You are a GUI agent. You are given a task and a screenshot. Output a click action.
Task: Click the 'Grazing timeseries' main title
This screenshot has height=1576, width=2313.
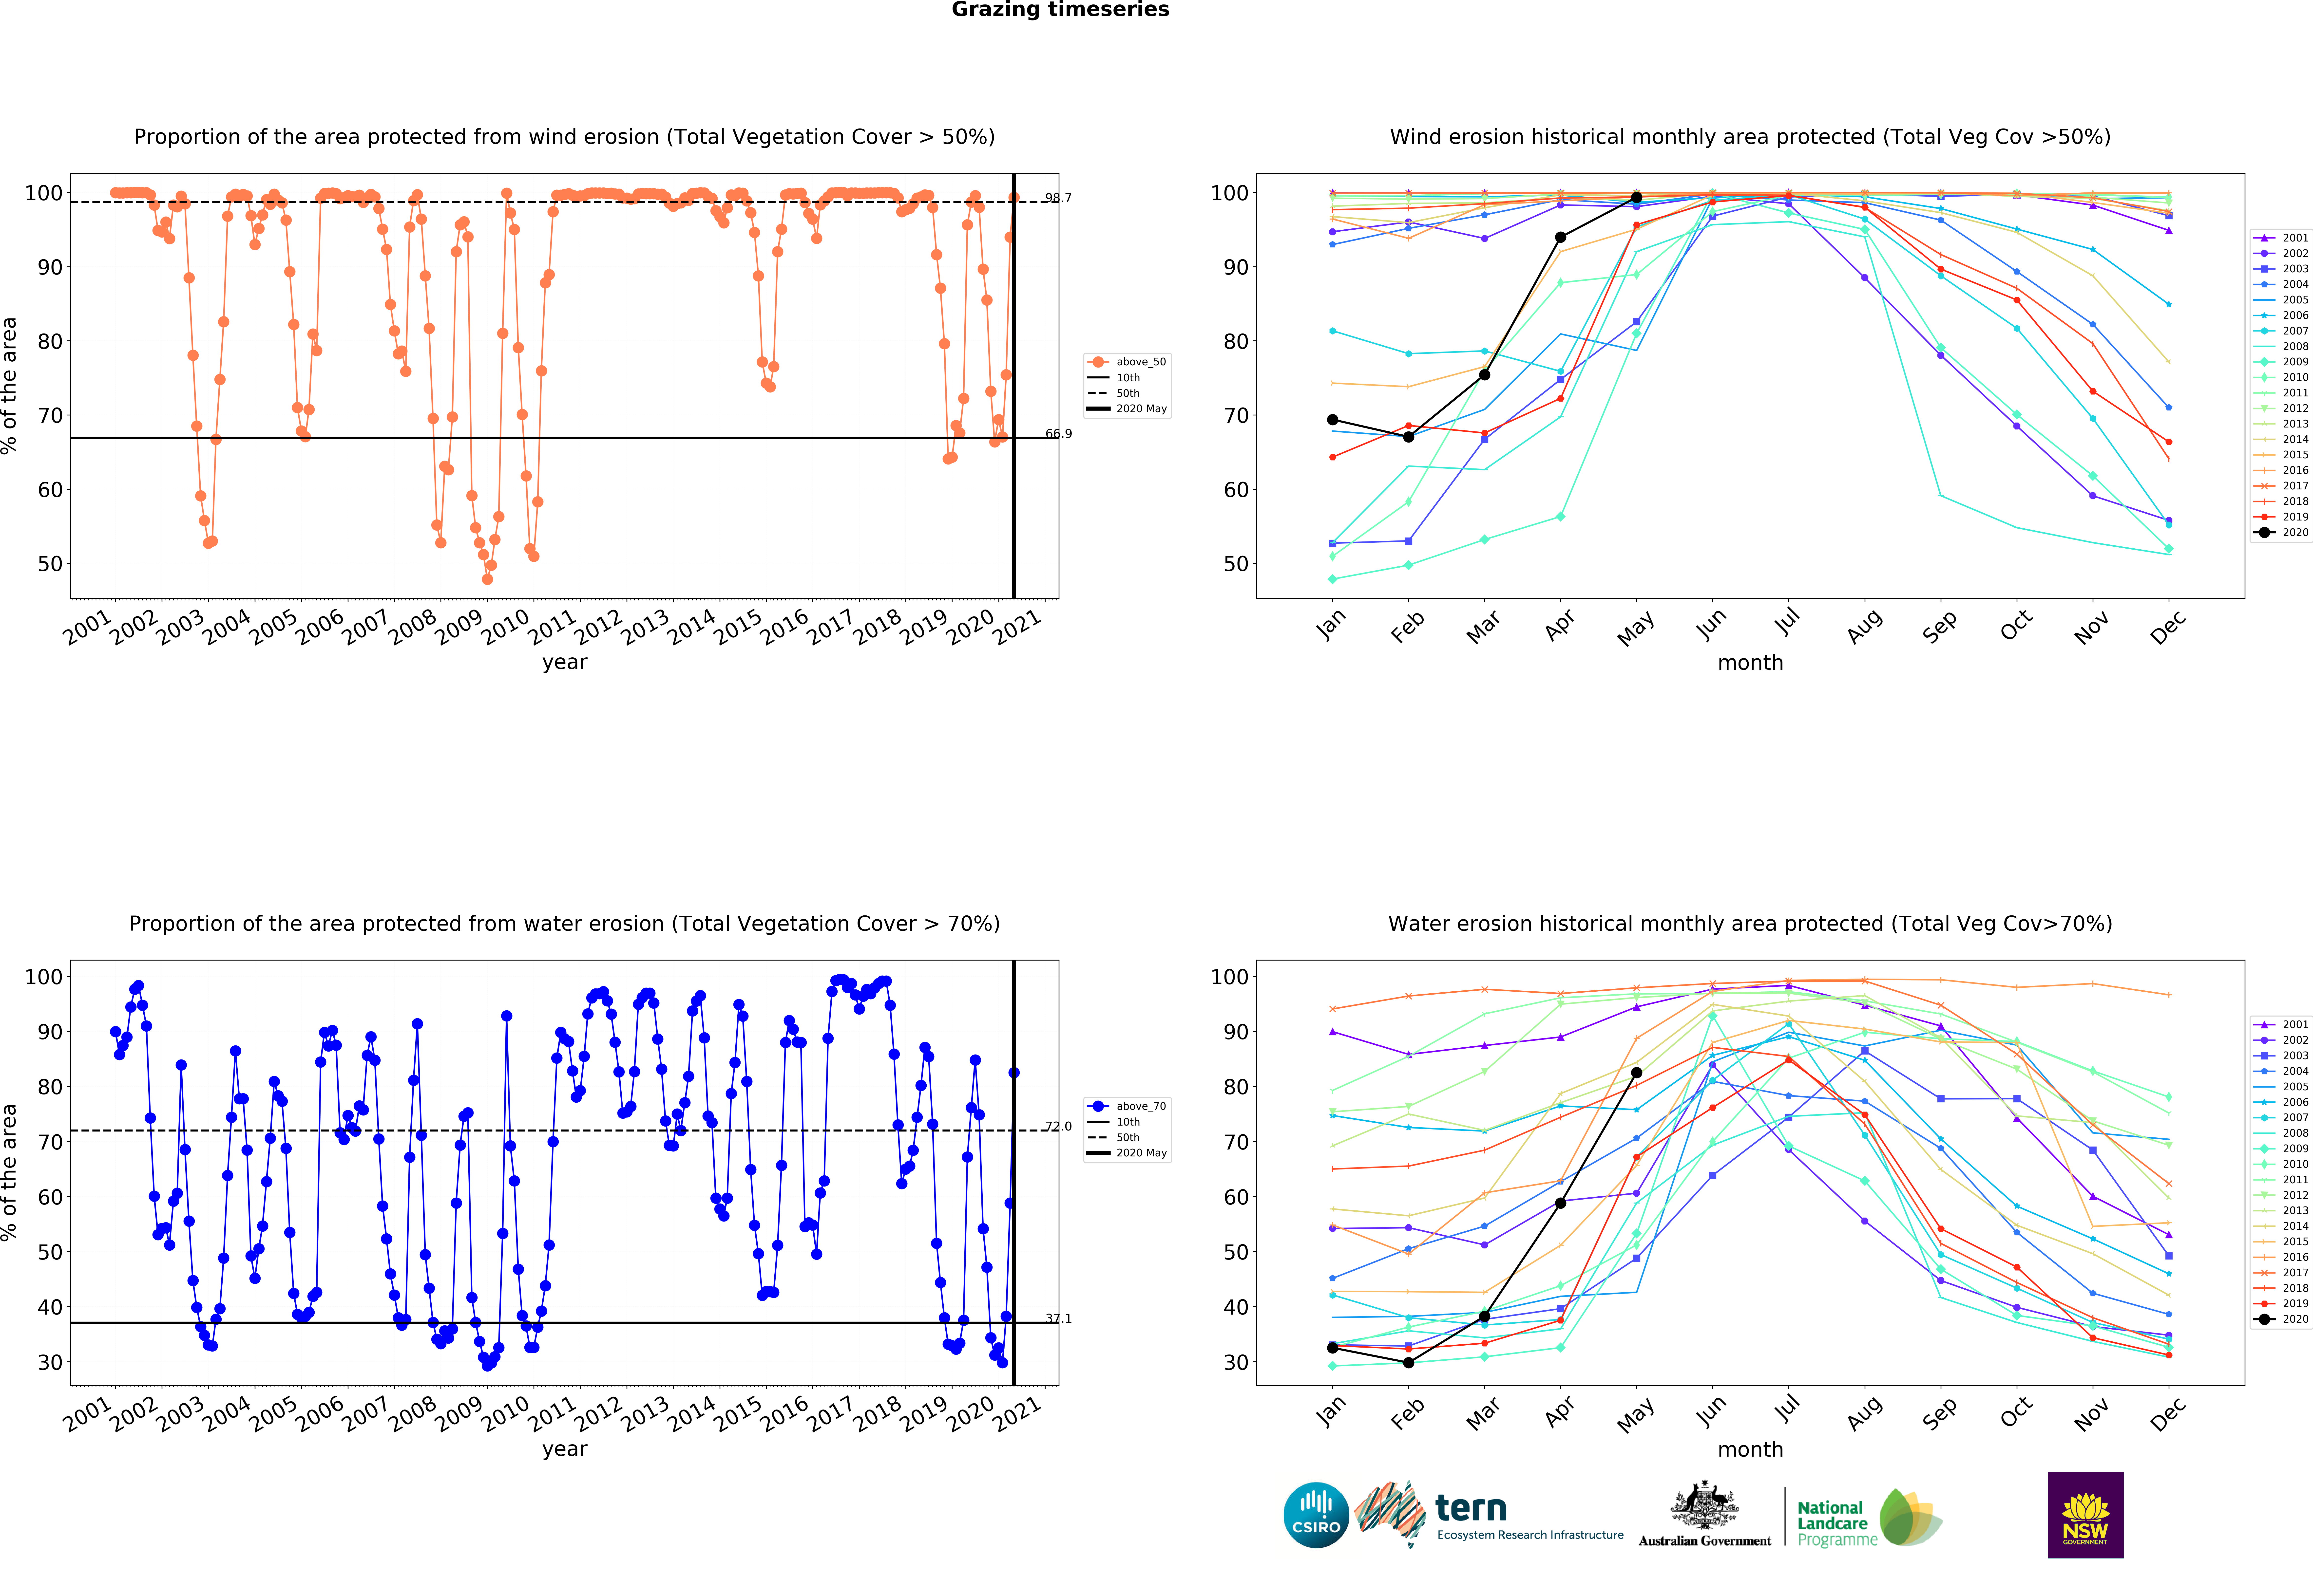[x=1060, y=10]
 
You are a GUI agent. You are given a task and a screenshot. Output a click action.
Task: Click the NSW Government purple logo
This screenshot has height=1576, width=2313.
[x=2085, y=1514]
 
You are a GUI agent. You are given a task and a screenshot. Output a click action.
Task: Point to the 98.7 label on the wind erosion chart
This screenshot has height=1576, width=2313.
[x=1058, y=198]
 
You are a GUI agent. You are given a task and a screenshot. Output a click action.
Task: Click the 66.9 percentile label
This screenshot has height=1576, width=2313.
[x=1058, y=434]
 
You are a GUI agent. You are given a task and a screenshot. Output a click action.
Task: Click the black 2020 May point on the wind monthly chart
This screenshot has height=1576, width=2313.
[x=1636, y=198]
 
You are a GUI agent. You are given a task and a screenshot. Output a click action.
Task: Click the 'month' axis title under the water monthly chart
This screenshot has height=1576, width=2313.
[x=1750, y=1450]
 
